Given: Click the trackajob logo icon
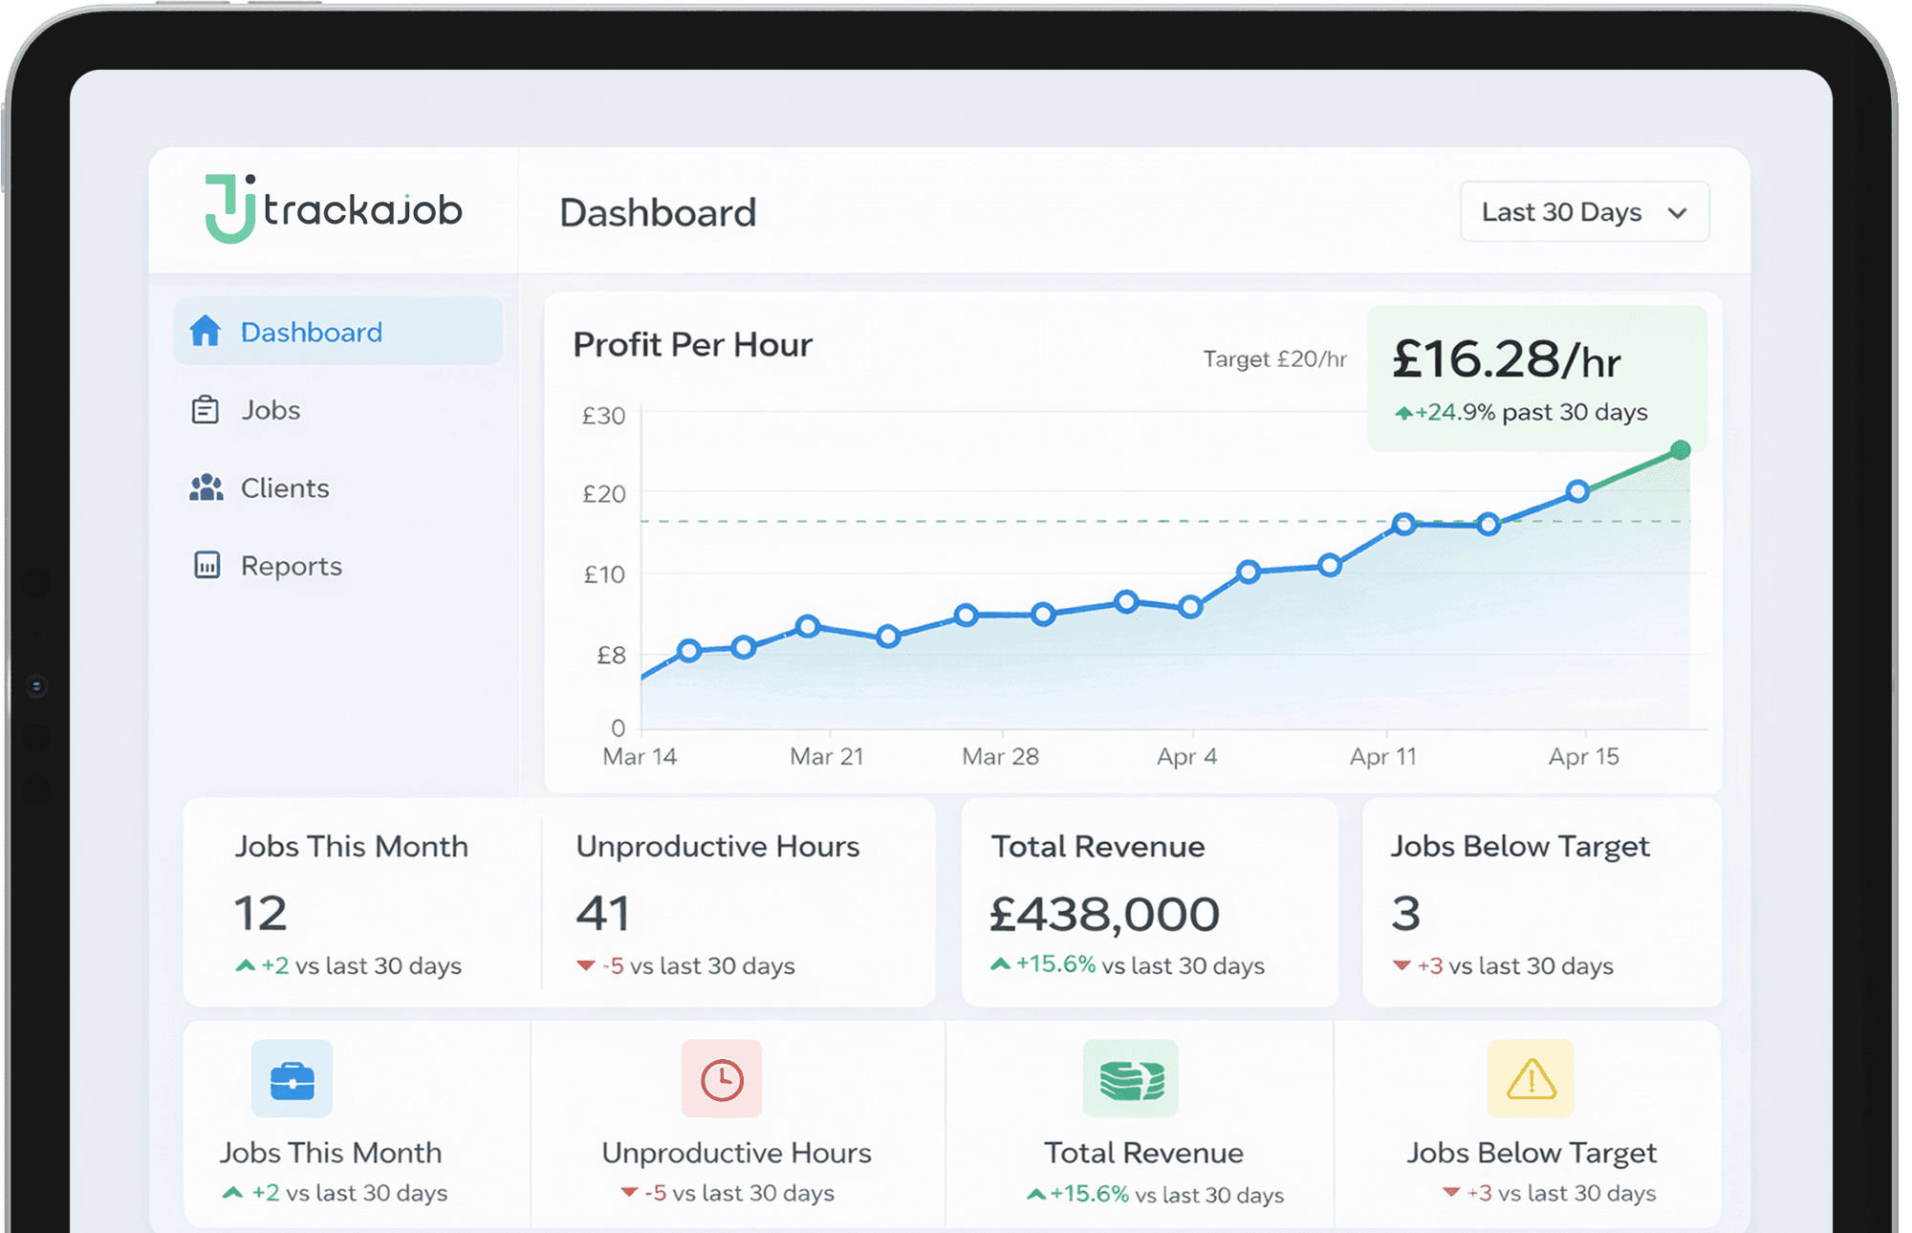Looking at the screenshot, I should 229,208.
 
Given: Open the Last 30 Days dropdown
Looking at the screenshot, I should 1584,212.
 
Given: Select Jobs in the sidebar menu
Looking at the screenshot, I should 271,410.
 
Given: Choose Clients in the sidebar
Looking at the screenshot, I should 284,488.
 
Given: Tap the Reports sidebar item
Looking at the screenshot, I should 291,566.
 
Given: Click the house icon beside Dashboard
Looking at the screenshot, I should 206,331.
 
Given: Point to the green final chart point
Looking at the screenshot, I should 1680,450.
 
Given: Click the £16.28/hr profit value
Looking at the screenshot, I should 1506,360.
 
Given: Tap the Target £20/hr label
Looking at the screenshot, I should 1274,359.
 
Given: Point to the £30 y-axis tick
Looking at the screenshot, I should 604,416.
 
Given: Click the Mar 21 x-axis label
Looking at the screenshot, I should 826,757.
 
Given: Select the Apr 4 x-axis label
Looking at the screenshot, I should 1186,757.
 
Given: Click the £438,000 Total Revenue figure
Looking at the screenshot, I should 1104,914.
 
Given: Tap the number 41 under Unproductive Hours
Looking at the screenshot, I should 602,913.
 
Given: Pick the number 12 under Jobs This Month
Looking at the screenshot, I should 260,913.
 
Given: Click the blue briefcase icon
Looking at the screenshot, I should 292,1080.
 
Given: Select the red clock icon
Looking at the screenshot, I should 722,1080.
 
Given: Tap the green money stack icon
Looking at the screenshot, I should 1131,1080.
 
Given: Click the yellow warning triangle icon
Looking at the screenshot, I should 1531,1080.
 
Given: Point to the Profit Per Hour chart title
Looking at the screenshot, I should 692,345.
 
